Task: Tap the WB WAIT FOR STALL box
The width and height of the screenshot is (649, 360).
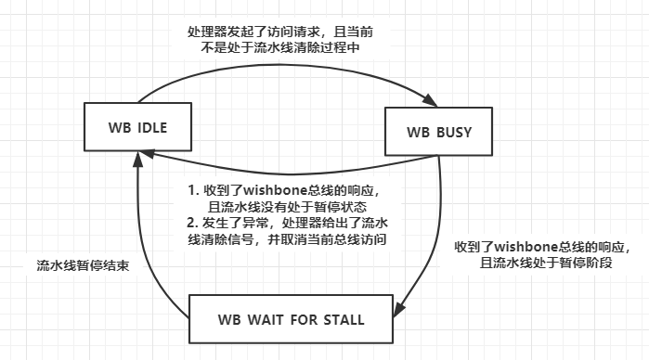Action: (291, 320)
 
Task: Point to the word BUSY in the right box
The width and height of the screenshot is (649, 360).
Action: (453, 131)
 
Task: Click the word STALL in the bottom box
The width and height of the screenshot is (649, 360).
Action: (339, 320)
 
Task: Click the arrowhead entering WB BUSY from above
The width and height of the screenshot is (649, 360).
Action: (432, 100)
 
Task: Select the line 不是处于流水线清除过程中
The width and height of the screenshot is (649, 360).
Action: (282, 48)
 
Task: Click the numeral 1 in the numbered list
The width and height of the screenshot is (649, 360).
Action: (190, 190)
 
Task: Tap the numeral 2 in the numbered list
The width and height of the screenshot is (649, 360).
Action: (190, 223)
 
